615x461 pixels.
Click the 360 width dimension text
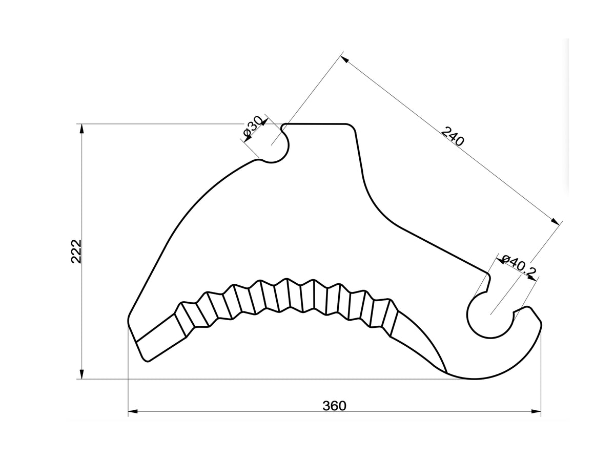coord(334,406)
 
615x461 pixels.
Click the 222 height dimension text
coord(76,251)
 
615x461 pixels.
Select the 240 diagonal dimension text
coord(452,136)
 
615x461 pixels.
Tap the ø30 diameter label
coord(253,128)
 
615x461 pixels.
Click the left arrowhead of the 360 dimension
coord(133,411)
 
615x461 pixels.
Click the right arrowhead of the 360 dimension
coord(536,411)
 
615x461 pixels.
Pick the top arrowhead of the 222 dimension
coord(81,129)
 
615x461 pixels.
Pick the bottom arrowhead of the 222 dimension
coord(81,374)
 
